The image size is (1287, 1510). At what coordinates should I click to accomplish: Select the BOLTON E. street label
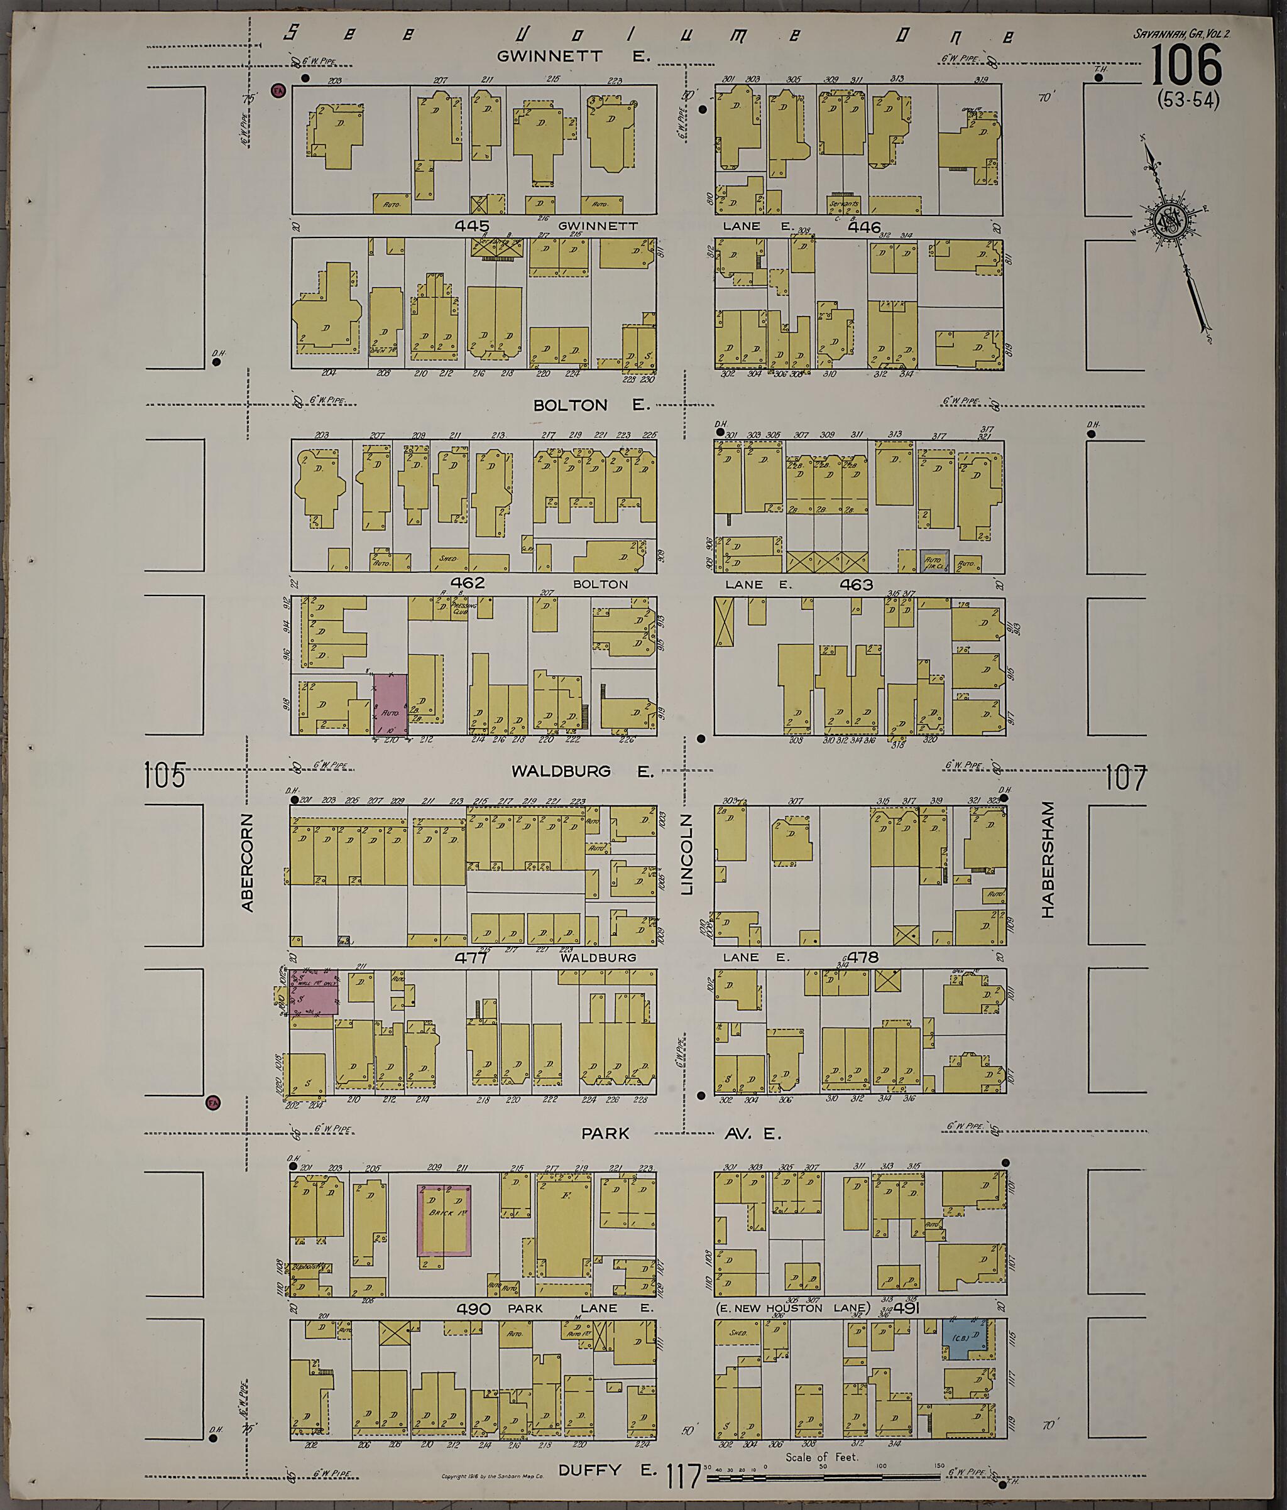click(x=591, y=405)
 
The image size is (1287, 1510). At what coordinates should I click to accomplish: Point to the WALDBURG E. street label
click(x=581, y=771)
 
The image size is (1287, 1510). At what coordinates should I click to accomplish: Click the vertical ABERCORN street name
click(x=246, y=862)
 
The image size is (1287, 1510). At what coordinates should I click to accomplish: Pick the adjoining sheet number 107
click(x=1127, y=778)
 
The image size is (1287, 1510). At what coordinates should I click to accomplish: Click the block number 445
click(x=471, y=226)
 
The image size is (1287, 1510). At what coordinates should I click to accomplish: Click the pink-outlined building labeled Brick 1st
click(x=443, y=1220)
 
